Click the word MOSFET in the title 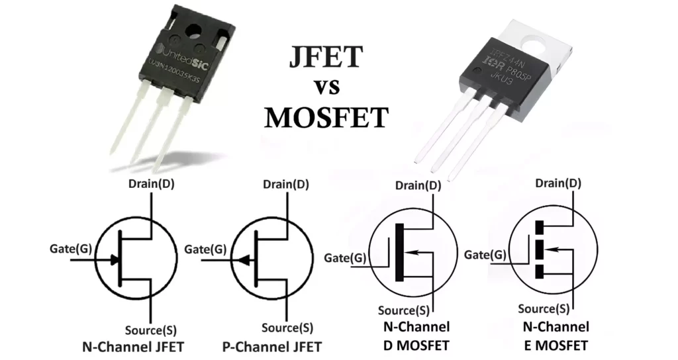[326, 117]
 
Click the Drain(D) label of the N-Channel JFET [152, 184]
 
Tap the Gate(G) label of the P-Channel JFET [205, 249]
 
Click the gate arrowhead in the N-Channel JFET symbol [115, 260]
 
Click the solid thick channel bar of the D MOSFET [399, 251]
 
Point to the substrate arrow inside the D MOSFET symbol [414, 251]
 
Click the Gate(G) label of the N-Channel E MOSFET [485, 254]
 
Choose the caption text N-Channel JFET [132, 347]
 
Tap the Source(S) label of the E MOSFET [544, 308]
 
